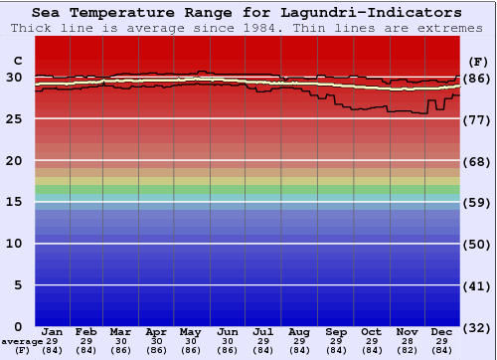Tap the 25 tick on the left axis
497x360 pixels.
pos(15,118)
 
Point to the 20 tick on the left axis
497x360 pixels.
pos(15,160)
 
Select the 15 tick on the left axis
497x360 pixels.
pos(15,202)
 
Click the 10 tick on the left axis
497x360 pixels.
pos(15,244)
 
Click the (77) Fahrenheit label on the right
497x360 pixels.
pos(479,119)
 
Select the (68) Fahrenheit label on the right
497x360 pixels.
pos(479,161)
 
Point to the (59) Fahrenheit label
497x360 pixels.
pos(479,203)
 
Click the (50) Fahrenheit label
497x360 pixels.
pos(479,245)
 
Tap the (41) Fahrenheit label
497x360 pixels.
pos(479,286)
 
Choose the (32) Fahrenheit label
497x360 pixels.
pos(479,327)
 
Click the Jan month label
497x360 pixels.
pos(53,331)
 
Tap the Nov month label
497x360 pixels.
pos(406,331)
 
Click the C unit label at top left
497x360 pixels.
pos(17,61)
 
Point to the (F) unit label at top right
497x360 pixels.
pos(479,61)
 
